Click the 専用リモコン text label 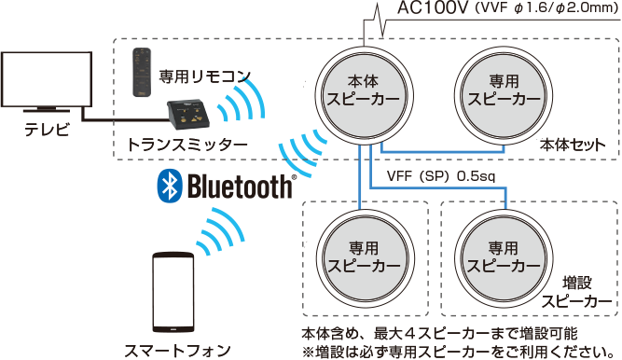(204, 75)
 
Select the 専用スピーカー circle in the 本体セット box (503, 90)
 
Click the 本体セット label (573, 145)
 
